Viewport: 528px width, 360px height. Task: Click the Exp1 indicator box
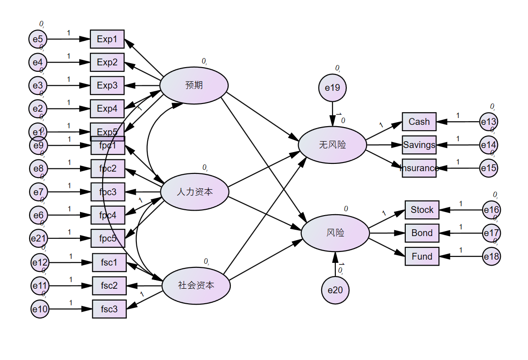tap(107, 39)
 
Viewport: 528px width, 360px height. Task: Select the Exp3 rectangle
tap(107, 85)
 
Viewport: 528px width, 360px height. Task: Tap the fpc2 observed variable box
tap(108, 168)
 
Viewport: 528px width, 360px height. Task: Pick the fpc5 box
tap(108, 238)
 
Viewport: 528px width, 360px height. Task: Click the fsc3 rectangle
tap(109, 309)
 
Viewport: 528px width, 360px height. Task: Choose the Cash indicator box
tap(419, 122)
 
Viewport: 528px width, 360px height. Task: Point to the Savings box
tap(419, 145)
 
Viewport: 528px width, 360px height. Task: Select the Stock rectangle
tap(422, 210)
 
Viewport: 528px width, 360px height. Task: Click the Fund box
tap(422, 256)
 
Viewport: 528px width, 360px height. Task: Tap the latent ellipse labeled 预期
tap(194, 85)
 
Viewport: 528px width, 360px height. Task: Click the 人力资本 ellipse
tap(195, 192)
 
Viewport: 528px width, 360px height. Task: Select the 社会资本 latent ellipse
tap(196, 286)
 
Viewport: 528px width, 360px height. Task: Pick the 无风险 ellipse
tap(332, 145)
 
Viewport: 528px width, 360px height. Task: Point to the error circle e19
tap(333, 88)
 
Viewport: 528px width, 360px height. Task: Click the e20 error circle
tap(335, 290)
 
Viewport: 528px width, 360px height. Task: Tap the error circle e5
tap(38, 39)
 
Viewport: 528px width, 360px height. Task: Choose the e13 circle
tap(489, 122)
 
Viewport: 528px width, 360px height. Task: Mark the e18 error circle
tap(491, 256)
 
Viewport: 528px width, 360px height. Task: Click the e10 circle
tap(40, 310)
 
